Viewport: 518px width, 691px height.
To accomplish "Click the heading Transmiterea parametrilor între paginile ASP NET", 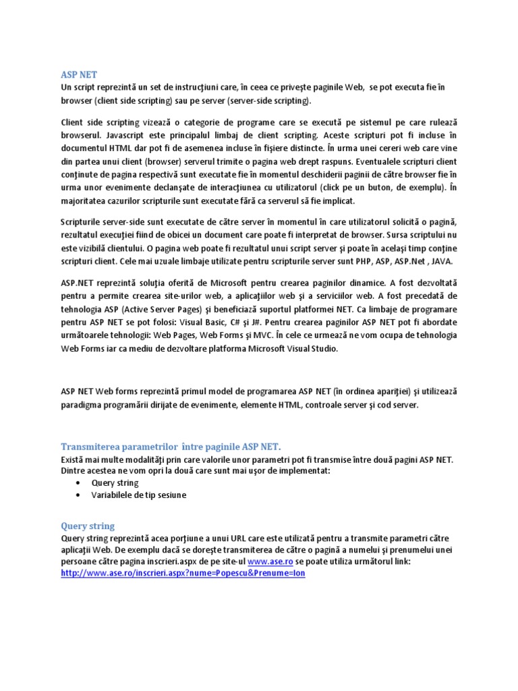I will coord(171,447).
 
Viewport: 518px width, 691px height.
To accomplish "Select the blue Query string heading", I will coord(88,526).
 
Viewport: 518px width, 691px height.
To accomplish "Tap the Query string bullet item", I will coord(115,483).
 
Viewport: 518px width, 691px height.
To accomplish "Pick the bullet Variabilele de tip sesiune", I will coord(139,495).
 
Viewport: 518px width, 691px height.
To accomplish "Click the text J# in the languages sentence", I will coord(297,323).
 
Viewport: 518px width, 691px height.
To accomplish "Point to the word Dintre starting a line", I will coord(74,471).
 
